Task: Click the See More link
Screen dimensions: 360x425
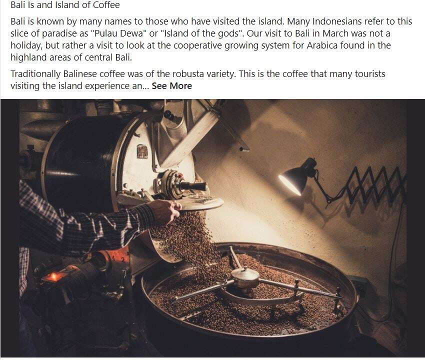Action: pyautogui.click(x=171, y=86)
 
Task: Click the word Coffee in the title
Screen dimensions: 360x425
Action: pyautogui.click(x=106, y=5)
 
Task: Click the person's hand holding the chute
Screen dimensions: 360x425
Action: pyautogui.click(x=165, y=210)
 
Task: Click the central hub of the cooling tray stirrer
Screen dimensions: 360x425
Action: pyautogui.click(x=245, y=275)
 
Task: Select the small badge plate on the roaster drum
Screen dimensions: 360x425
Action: pyautogui.click(x=142, y=151)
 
